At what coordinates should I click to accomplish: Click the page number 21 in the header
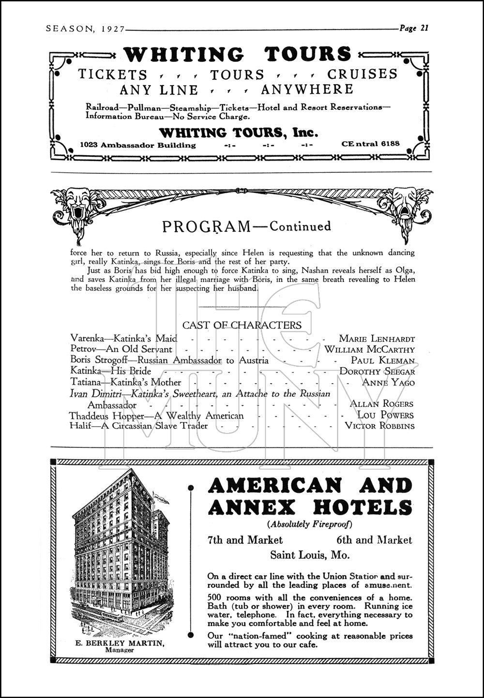tap(423, 28)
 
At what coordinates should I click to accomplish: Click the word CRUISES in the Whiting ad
tap(362, 74)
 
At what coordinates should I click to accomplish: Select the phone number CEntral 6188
tap(370, 144)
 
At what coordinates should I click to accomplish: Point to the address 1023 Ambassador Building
tap(138, 145)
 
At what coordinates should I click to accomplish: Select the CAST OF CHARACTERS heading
tap(242, 325)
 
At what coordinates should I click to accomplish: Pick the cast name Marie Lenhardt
tap(377, 339)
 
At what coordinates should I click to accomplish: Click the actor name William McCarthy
tap(369, 349)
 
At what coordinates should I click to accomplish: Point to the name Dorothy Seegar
tap(377, 371)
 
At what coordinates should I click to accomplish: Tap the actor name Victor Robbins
tap(379, 426)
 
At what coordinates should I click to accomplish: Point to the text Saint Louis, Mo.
tap(310, 555)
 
